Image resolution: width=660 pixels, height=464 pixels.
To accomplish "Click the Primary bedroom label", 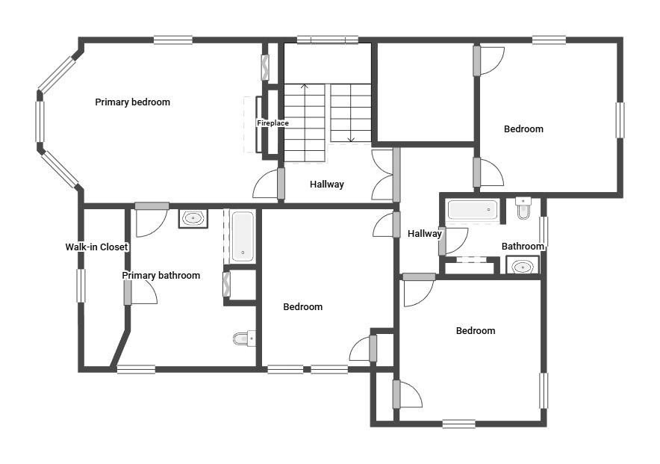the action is (x=133, y=102).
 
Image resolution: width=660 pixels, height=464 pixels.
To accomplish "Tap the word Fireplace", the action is (x=273, y=123).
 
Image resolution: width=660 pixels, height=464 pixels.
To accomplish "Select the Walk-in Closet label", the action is (x=96, y=247).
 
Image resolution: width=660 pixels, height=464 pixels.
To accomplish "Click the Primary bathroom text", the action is (x=161, y=276).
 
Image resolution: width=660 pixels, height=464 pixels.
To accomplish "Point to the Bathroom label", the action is (x=523, y=247).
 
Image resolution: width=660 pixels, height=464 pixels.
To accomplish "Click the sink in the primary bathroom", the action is (x=193, y=218).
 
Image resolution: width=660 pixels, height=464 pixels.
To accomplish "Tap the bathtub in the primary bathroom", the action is (x=243, y=236).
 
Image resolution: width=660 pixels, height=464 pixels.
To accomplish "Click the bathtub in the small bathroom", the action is (x=473, y=210).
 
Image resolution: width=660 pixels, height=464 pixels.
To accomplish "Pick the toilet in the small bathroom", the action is (x=523, y=208).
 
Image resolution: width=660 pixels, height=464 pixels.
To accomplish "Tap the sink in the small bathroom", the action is (x=523, y=267).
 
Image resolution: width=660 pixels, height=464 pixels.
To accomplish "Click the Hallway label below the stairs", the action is (x=326, y=185).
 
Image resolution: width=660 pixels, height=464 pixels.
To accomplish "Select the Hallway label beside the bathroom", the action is (x=424, y=234).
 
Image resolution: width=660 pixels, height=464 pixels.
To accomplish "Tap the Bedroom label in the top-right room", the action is (x=523, y=129).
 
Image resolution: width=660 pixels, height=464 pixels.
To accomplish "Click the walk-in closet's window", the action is (x=81, y=285).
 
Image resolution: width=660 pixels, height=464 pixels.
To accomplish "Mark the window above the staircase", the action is (x=328, y=40).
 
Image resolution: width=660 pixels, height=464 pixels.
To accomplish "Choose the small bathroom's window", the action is (x=544, y=232).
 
